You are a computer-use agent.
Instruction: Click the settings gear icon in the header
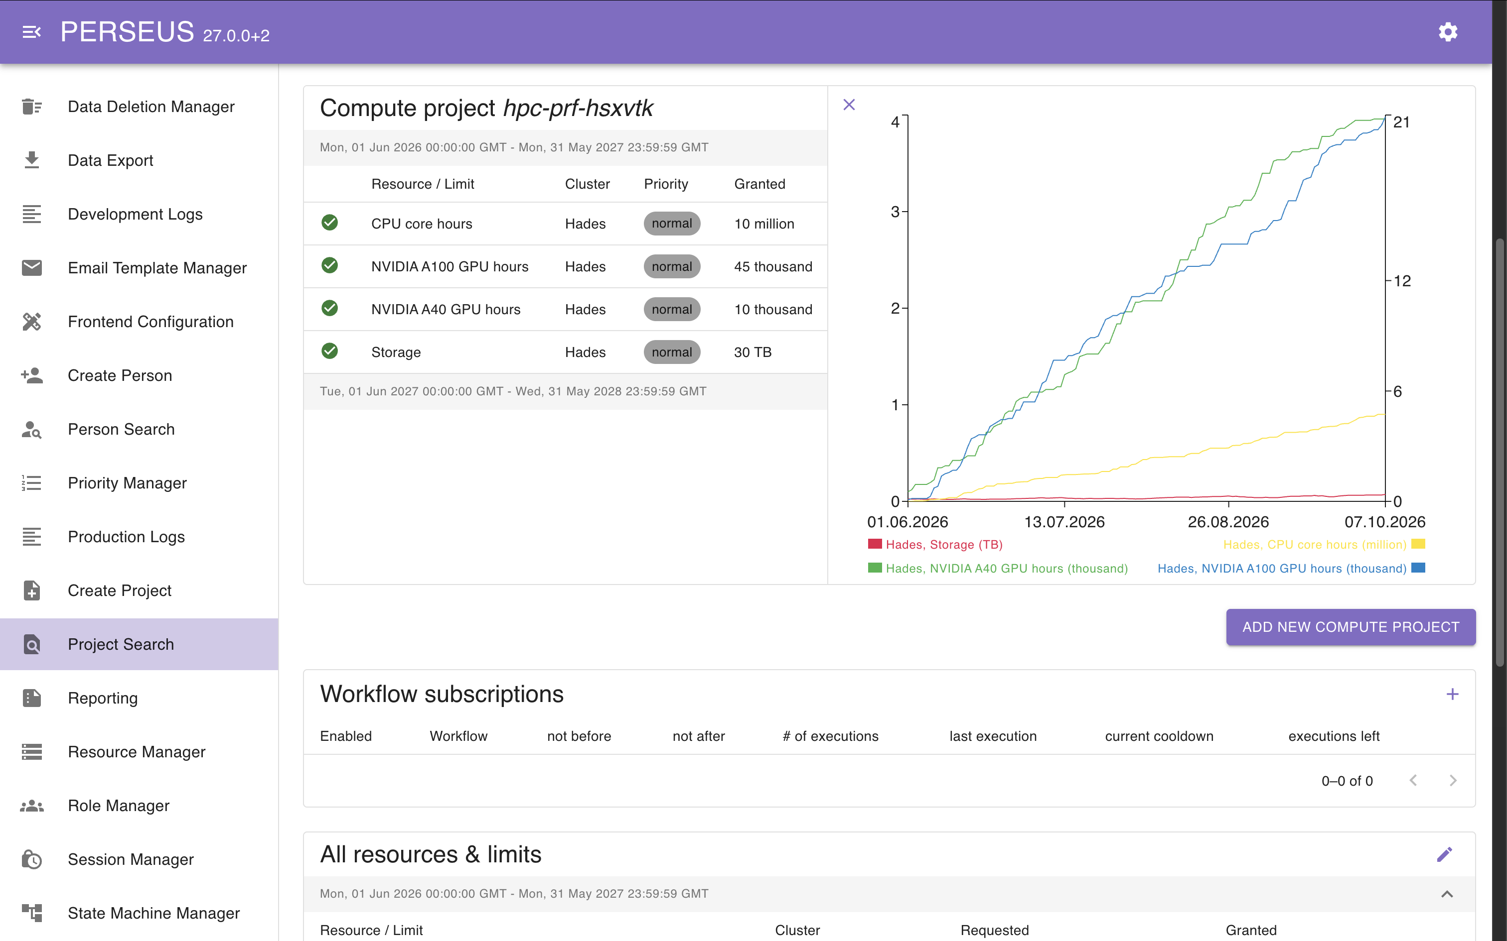click(x=1448, y=32)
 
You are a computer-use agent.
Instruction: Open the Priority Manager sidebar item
click(x=127, y=483)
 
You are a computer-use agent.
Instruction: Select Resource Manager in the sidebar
click(x=137, y=752)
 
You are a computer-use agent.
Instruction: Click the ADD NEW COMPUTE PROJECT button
click(x=1351, y=627)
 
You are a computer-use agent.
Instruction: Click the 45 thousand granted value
click(x=773, y=266)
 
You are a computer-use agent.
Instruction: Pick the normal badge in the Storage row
click(x=672, y=353)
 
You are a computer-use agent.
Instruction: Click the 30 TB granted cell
click(x=753, y=353)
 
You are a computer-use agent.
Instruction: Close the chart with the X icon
click(x=849, y=105)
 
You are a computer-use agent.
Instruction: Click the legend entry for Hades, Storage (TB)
click(x=935, y=545)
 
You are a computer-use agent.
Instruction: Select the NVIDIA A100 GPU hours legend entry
click(x=1291, y=568)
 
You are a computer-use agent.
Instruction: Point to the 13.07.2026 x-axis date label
click(x=1064, y=522)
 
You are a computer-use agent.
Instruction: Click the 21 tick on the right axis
click(x=1402, y=122)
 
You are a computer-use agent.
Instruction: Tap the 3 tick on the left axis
click(x=895, y=212)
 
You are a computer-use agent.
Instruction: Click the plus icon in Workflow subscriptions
click(x=1452, y=694)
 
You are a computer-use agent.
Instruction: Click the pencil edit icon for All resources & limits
click(x=1445, y=854)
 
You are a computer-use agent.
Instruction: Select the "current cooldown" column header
click(x=1159, y=736)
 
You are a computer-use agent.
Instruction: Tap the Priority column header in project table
click(x=666, y=184)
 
